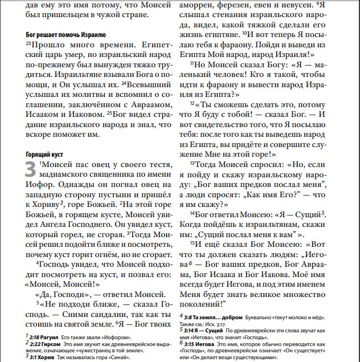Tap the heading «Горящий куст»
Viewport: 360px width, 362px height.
pos(44,154)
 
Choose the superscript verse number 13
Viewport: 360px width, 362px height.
pos(193,162)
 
